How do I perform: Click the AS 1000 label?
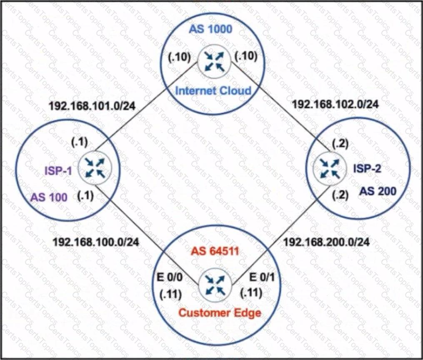(x=210, y=29)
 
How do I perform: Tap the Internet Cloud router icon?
(x=215, y=62)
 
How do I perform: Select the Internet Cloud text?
(x=213, y=90)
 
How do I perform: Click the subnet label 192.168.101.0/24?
(x=92, y=106)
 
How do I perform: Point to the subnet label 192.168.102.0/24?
(x=335, y=104)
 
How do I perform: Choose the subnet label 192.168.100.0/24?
(x=96, y=242)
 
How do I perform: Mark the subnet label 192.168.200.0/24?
(x=326, y=242)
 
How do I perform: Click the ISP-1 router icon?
(x=95, y=168)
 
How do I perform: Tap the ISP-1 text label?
(x=58, y=171)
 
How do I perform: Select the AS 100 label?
(x=49, y=197)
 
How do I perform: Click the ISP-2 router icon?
(x=329, y=168)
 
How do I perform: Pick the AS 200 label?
(x=378, y=191)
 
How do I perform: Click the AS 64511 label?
(x=215, y=251)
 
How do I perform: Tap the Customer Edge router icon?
(x=215, y=285)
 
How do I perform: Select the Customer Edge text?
(x=220, y=313)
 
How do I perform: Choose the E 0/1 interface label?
(x=262, y=277)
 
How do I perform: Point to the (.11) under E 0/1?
(x=251, y=293)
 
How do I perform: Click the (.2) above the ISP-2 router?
(x=340, y=144)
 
